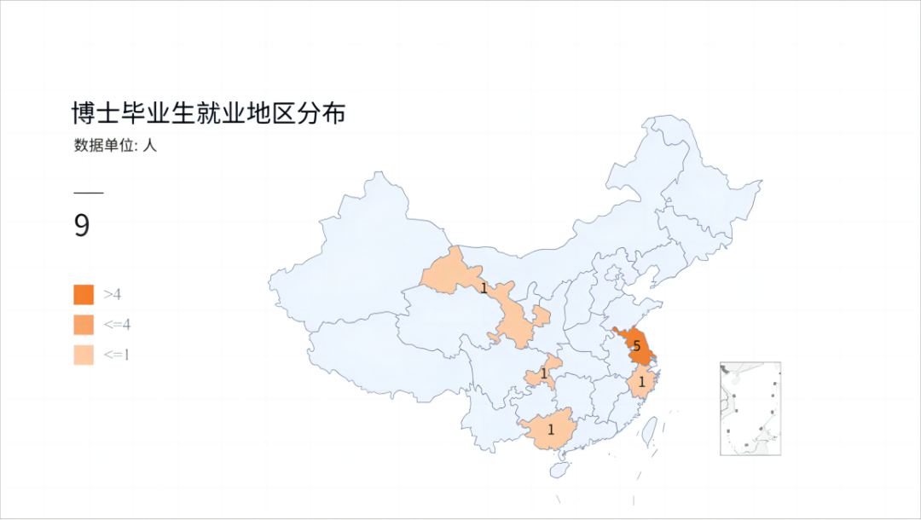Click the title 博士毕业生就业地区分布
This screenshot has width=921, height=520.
208,113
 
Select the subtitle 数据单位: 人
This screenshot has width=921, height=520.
115,146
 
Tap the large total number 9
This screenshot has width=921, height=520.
82,226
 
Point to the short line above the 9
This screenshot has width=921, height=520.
88,194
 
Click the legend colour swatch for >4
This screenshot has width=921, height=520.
84,294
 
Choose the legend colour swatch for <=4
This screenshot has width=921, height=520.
84,325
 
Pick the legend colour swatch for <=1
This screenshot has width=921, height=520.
84,355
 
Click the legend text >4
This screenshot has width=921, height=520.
113,294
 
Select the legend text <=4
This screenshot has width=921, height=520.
117,325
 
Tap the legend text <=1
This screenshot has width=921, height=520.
117,355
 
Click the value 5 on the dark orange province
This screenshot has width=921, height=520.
636,346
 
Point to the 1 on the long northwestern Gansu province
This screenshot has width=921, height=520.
484,288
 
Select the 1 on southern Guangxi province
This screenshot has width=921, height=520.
550,430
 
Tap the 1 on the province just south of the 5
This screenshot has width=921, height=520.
641,383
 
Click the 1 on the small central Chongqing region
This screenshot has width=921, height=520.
543,373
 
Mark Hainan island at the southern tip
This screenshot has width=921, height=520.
560,468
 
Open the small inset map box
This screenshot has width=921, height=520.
750,408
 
